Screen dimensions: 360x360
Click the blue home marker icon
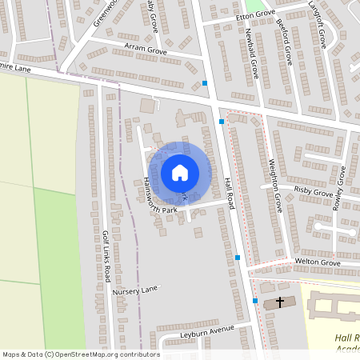[180, 173]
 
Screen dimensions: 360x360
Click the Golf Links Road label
[105, 256]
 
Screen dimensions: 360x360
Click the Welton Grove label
[318, 262]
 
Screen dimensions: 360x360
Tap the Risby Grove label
[313, 191]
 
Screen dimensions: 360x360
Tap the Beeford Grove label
[283, 44]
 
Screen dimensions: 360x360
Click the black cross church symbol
[280, 302]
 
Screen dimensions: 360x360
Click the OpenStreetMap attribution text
[81, 354]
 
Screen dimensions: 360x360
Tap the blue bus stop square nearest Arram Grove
[205, 83]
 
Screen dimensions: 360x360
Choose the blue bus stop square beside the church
[255, 301]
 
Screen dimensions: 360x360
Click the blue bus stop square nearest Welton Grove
[238, 258]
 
